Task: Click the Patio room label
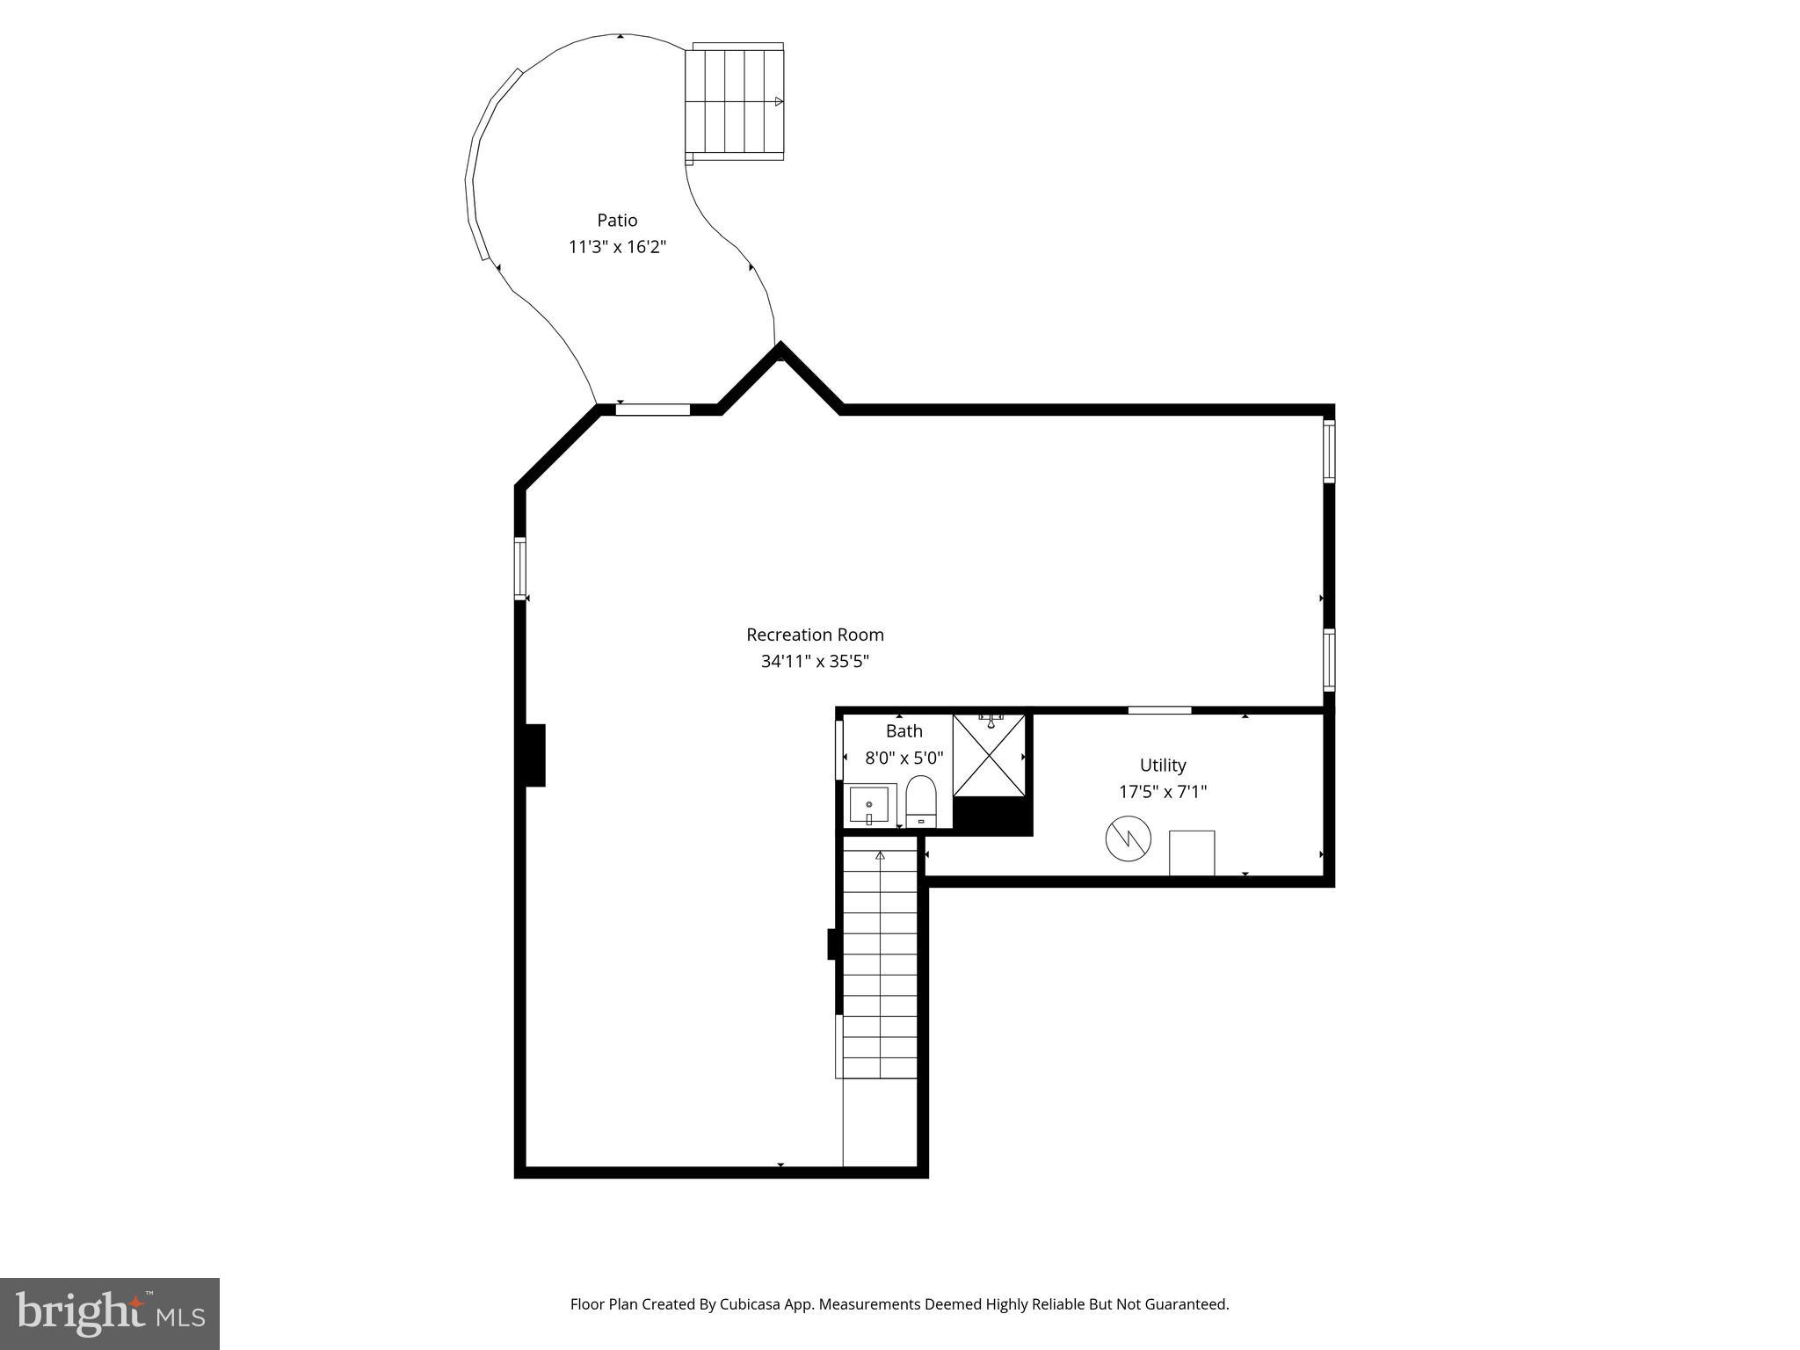(x=617, y=220)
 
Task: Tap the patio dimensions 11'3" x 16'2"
(x=617, y=247)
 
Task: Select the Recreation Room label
(x=815, y=635)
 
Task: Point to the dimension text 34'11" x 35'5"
(x=815, y=662)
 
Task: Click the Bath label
(x=904, y=731)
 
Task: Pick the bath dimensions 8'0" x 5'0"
(x=904, y=758)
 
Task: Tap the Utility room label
(x=1163, y=765)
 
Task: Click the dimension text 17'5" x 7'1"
(x=1163, y=792)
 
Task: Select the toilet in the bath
(x=921, y=801)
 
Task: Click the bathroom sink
(x=869, y=805)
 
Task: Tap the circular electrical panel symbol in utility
(x=1128, y=838)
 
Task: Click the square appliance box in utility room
(x=1192, y=853)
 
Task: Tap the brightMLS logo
(x=110, y=1314)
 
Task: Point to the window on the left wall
(x=520, y=569)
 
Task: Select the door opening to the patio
(x=652, y=409)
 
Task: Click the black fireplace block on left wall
(x=534, y=755)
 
